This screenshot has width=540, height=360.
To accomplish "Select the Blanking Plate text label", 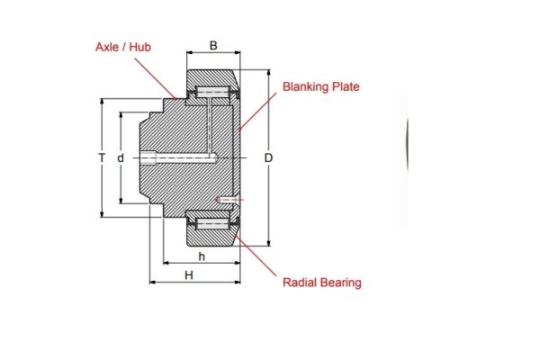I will pyautogui.click(x=321, y=87).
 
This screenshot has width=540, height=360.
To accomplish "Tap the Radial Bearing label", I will pyautogui.click(x=321, y=283).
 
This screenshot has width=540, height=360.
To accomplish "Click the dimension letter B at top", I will pyautogui.click(x=213, y=45).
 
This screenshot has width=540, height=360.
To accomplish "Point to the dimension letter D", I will pyautogui.click(x=268, y=158).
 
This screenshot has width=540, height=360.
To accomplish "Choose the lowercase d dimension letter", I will pyautogui.click(x=120, y=158).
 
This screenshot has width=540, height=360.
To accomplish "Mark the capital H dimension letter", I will pyautogui.click(x=189, y=275).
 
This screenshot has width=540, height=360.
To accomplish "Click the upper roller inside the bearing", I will pyautogui.click(x=212, y=93).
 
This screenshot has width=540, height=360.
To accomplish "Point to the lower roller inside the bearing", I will pyautogui.click(x=212, y=222).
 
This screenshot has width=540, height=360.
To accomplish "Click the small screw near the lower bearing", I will pyautogui.click(x=227, y=199).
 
